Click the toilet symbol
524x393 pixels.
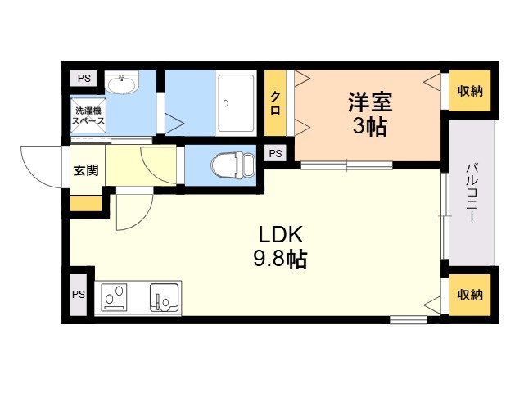pos(233,165)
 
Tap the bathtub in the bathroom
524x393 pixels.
pos(236,103)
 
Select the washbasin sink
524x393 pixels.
pos(121,82)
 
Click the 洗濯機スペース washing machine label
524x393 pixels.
pos(88,115)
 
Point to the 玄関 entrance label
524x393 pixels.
pos(86,170)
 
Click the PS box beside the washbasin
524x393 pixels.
pos(84,79)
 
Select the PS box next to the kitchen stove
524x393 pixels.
pos(79,295)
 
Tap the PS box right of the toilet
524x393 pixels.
pos(275,153)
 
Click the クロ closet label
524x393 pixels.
pos(275,103)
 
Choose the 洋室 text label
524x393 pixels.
pos(370,102)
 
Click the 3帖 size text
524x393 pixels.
pos(370,127)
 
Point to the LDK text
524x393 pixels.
pos(281,234)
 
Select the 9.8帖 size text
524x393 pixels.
pos(280,259)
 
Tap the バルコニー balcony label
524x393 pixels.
pos(472,193)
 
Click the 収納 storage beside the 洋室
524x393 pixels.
pos(470,91)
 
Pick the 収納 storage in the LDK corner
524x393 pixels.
pos(470,295)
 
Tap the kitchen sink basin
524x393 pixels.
pos(164,297)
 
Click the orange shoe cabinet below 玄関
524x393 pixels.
pos(85,203)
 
